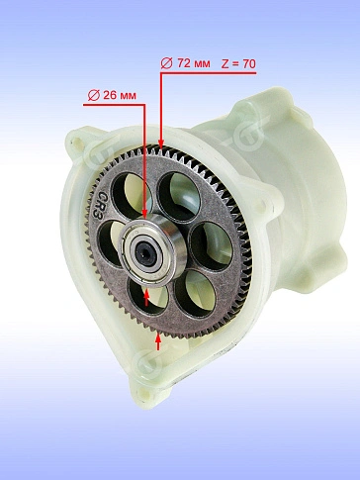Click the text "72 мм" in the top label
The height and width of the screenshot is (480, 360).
pyautogui.click(x=194, y=63)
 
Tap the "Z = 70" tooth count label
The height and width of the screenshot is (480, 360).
pyautogui.click(x=238, y=63)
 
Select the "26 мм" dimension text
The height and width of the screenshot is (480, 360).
pyautogui.click(x=120, y=95)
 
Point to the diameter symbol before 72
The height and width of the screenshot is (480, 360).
pyautogui.click(x=166, y=63)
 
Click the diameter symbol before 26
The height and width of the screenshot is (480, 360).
pyautogui.click(x=94, y=96)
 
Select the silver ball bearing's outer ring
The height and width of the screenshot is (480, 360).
pyautogui.click(x=152, y=249)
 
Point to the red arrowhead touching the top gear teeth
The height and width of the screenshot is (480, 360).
pyautogui.click(x=161, y=144)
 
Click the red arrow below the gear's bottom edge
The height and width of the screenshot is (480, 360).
pyautogui.click(x=158, y=341)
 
